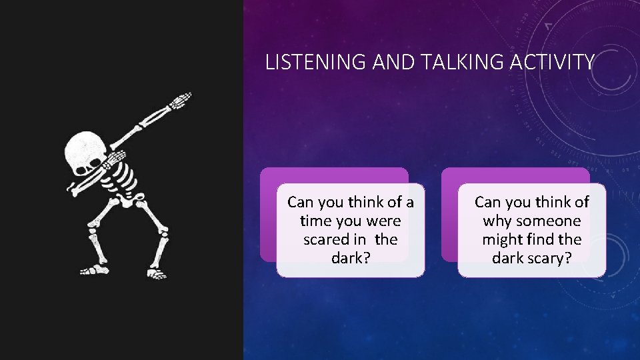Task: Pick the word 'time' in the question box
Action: point(315,221)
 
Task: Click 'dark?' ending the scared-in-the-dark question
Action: point(351,258)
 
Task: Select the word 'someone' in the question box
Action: point(547,221)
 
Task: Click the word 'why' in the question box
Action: point(497,221)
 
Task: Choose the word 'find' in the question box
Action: point(542,239)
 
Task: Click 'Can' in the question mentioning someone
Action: point(487,202)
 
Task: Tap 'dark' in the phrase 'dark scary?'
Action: point(508,258)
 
